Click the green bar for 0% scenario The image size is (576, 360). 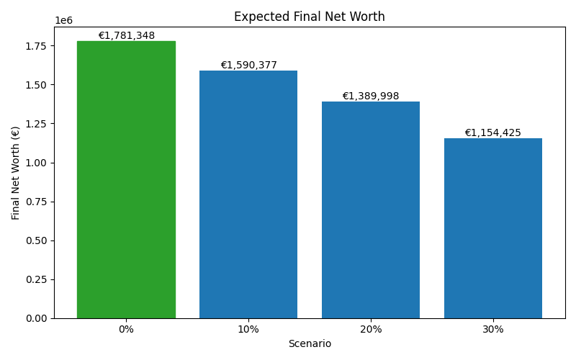point(126,180)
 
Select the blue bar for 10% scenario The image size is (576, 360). point(248,194)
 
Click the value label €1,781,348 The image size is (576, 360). point(126,36)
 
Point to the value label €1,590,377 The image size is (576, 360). point(248,66)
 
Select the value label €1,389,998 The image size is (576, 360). point(371,96)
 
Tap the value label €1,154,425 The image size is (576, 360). point(493,133)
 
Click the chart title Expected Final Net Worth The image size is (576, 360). point(310,17)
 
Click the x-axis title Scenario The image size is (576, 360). point(310,344)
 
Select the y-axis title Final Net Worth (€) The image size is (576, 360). point(16,173)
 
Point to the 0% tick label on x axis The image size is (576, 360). point(126,330)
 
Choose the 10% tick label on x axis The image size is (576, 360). point(248,330)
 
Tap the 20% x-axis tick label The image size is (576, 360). point(371,330)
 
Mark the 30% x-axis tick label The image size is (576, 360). point(493,330)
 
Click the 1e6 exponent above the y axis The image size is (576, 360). point(64,21)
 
